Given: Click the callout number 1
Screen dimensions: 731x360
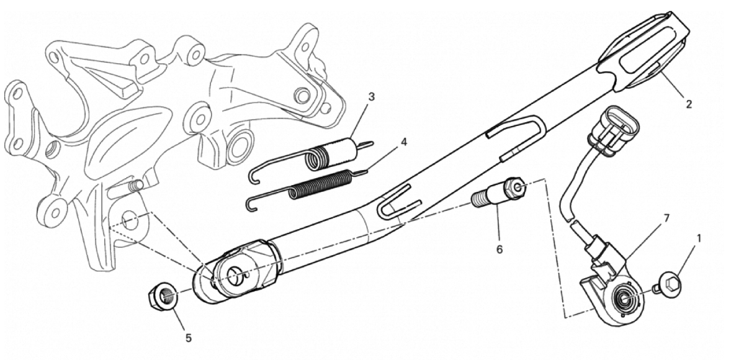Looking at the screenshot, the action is tap(698, 239).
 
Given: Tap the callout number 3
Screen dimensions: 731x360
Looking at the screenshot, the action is tap(371, 97).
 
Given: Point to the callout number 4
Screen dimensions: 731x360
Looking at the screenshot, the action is tap(404, 142).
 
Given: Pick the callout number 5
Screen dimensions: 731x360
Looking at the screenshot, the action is tap(189, 338).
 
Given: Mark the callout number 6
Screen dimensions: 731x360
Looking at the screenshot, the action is tap(500, 250).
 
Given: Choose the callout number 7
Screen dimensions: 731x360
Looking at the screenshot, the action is tap(666, 218).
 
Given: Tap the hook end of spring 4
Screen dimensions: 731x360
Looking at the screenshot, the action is tap(251, 204).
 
